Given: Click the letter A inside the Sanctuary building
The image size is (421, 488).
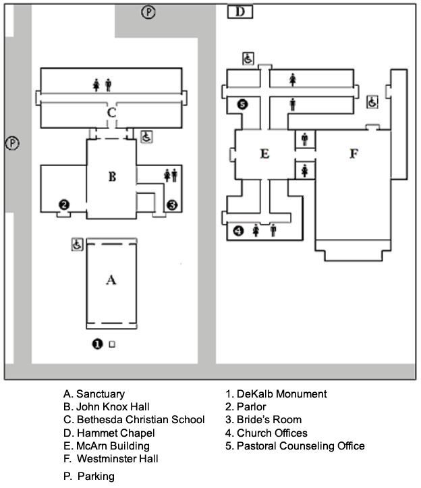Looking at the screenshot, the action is point(111,280).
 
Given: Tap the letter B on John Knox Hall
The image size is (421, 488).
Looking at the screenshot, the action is point(112,177).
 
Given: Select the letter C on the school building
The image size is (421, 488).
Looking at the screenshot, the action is point(111,112).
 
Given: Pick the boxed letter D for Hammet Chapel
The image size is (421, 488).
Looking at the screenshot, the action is point(240,12).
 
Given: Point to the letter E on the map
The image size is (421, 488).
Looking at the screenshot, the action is point(264,154).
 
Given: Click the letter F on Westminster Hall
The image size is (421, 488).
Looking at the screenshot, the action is point(354,153).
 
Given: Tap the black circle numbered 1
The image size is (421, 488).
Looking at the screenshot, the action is point(97,344).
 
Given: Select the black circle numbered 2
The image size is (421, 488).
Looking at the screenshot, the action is point(64,205).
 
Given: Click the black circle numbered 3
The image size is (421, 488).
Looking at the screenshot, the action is point(172,205).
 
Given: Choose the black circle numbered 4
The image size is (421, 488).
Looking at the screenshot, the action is point(238,231).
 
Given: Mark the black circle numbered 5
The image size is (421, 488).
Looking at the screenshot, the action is point(243,104).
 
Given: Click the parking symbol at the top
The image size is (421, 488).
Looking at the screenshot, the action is point(148,12).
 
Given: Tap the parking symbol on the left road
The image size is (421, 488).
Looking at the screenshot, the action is point(12,143).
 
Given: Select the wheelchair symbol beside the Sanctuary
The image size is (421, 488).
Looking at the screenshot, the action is point(77,244).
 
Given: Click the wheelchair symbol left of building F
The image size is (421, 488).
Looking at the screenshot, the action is point(372,102).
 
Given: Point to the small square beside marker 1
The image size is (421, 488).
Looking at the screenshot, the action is point(112,344).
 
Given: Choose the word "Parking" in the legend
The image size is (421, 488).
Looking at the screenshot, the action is point(96,477).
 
